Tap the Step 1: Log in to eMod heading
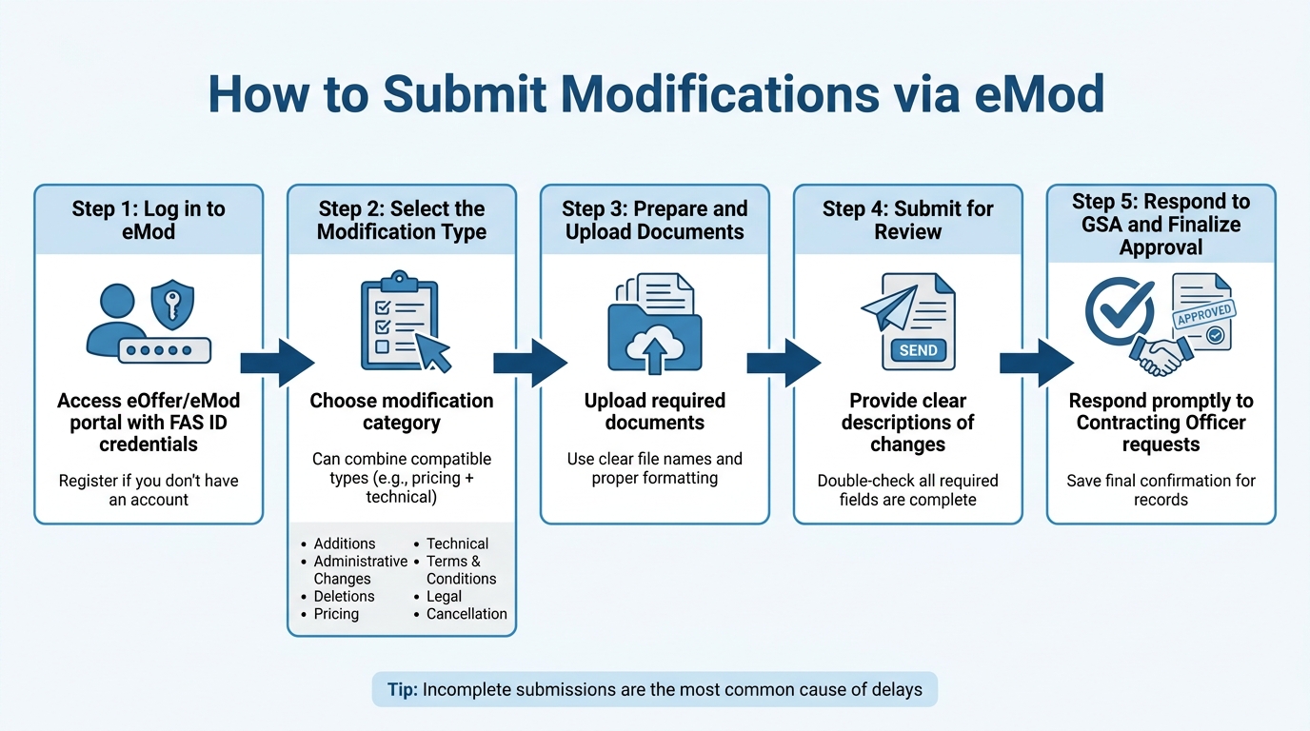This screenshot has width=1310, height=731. coord(149,220)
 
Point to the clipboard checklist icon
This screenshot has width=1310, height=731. coord(398,324)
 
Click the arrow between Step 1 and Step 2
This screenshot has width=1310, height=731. coord(276,363)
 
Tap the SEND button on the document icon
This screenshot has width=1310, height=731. coord(918,350)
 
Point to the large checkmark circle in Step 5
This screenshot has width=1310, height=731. coord(1121,311)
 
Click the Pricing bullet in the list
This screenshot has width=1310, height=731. coord(336,614)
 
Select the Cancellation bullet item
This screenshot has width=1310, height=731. coord(466,614)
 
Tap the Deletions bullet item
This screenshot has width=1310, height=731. coord(344,596)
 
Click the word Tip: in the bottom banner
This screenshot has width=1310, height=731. coord(402,689)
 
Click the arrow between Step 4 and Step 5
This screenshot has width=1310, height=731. coord(1036,363)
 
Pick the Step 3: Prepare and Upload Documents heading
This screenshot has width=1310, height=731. coord(655,220)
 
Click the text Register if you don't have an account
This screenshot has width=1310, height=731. coord(149,490)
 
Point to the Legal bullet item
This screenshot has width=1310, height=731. coord(444,596)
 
